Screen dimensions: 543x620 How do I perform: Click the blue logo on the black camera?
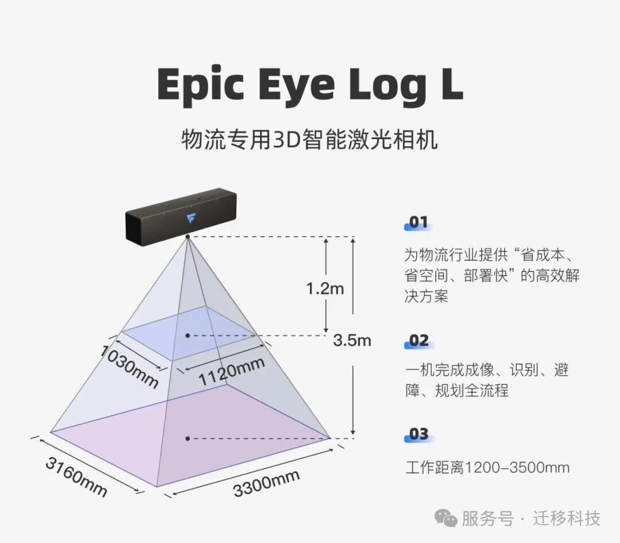coord(191,218)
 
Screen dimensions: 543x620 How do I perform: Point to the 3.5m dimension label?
coord(352,340)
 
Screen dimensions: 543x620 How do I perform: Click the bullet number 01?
coord(418,223)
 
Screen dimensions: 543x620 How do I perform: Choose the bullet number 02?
coord(418,341)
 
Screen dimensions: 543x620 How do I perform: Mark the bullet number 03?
coord(418,434)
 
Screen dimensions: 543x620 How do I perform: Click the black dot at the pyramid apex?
coord(187,236)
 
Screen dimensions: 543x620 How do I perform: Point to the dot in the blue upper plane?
coord(187,335)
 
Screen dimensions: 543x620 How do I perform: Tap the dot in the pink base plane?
coord(187,438)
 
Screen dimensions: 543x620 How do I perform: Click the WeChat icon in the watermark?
coord(446,519)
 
